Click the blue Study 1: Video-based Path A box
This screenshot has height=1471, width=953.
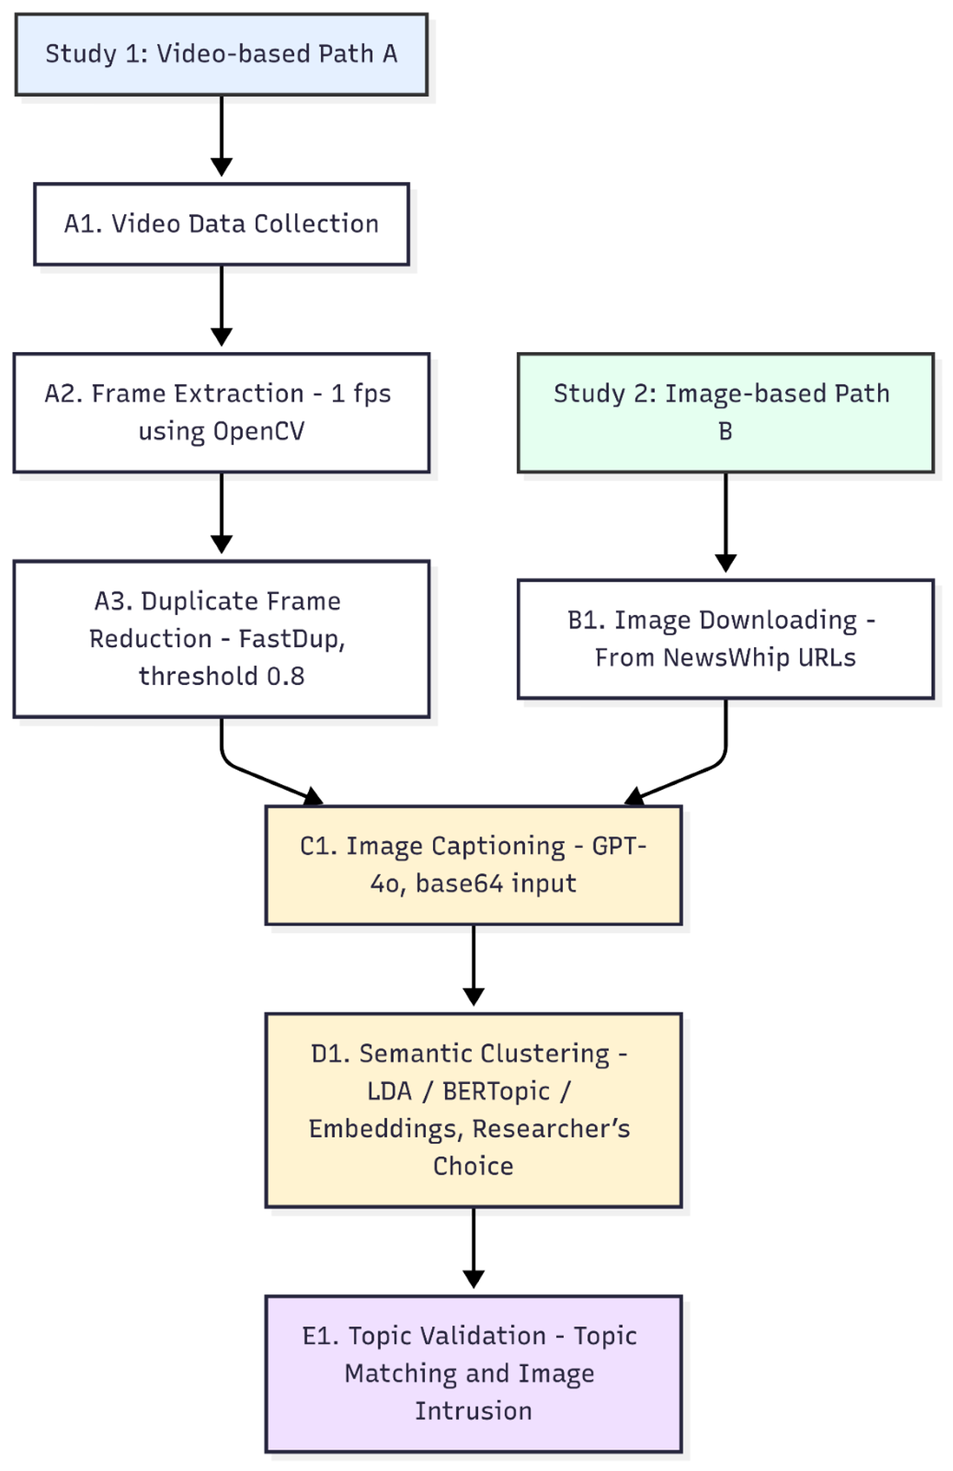221,54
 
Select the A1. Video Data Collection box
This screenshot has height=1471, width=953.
221,224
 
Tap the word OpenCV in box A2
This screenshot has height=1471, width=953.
258,432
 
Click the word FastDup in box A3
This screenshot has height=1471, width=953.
291,639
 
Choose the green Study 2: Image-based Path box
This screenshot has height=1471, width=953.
725,412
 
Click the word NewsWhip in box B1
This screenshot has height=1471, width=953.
713,658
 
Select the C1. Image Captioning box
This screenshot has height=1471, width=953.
473,866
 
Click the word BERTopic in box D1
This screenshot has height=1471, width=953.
496,1091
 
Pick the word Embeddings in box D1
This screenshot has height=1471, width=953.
383,1129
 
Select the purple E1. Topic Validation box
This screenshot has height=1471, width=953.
473,1374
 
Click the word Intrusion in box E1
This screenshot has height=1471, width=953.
473,1412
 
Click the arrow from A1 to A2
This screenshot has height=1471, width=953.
221,305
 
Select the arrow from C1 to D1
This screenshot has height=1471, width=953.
473,965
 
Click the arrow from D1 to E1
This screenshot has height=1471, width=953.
473,1248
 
